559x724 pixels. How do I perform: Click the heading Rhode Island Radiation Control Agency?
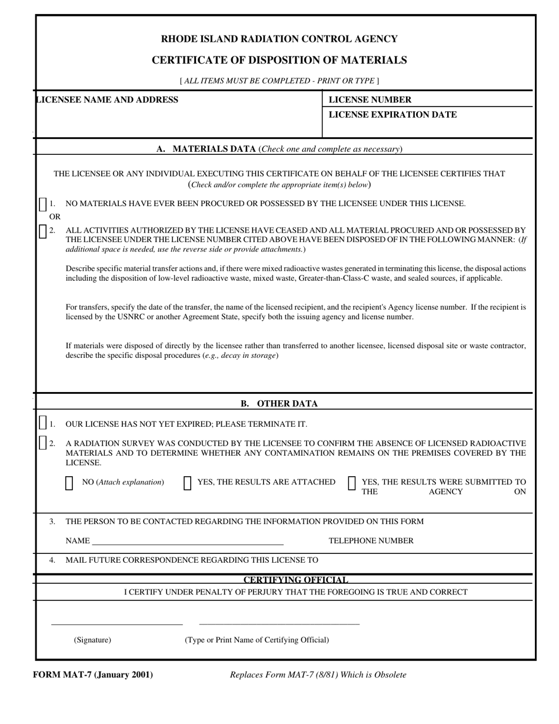(279, 39)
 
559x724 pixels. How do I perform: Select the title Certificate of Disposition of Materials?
(279, 60)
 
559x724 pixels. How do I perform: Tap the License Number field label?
(370, 99)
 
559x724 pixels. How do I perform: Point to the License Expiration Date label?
(392, 114)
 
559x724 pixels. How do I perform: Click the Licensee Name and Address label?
(107, 99)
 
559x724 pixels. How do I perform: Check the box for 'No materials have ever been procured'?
(42, 204)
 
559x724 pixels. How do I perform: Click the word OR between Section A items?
(54, 217)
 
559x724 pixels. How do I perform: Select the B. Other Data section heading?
(279, 403)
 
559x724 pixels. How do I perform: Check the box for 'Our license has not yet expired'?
(42, 423)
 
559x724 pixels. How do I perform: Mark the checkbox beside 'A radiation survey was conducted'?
(42, 443)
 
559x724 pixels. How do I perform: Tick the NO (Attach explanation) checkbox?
(69, 483)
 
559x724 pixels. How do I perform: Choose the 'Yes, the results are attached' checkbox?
(188, 483)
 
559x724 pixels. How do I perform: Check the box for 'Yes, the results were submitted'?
(352, 483)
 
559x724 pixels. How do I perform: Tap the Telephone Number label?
(371, 540)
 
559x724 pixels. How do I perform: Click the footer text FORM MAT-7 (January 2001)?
(93, 675)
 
